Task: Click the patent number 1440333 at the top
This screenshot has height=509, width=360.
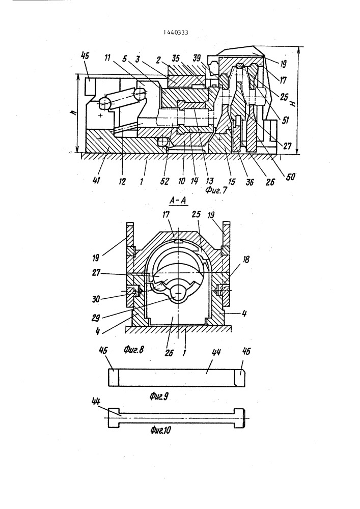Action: (x=176, y=32)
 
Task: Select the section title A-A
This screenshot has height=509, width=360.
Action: (x=178, y=201)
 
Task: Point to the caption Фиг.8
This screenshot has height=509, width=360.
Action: (x=133, y=350)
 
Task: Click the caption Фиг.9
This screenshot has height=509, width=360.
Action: (x=159, y=396)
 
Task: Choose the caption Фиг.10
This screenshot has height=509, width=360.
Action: (x=161, y=430)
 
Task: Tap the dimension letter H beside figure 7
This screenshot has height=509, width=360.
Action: (x=293, y=103)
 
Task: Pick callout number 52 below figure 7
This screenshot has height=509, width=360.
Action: (x=165, y=182)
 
